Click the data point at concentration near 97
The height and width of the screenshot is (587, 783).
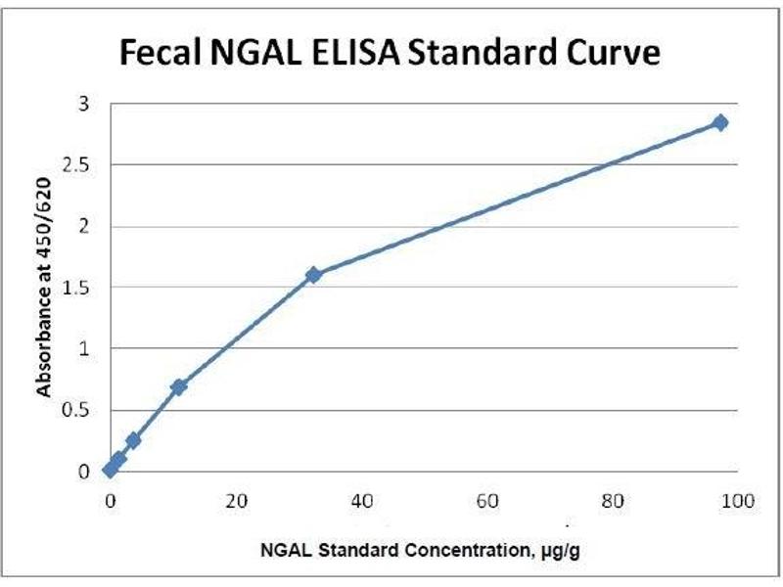coord(720,122)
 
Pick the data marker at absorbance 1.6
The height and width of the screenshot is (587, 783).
coord(313,275)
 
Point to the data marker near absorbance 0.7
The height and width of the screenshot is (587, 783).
coord(178,387)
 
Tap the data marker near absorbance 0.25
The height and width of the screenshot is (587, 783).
coord(133,440)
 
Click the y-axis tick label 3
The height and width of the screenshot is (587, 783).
coord(85,104)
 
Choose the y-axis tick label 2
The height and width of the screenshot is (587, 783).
coord(85,226)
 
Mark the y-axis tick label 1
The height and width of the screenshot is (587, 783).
coord(85,348)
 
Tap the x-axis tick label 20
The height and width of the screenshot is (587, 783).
coord(236,502)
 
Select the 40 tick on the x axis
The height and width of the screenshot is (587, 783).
coord(361,502)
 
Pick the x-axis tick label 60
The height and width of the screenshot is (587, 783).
coord(486,502)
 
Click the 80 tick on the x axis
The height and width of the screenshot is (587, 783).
coord(612,502)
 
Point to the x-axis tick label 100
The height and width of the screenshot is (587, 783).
coord(736,502)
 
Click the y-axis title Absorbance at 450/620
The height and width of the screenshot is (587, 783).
coord(44,288)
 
